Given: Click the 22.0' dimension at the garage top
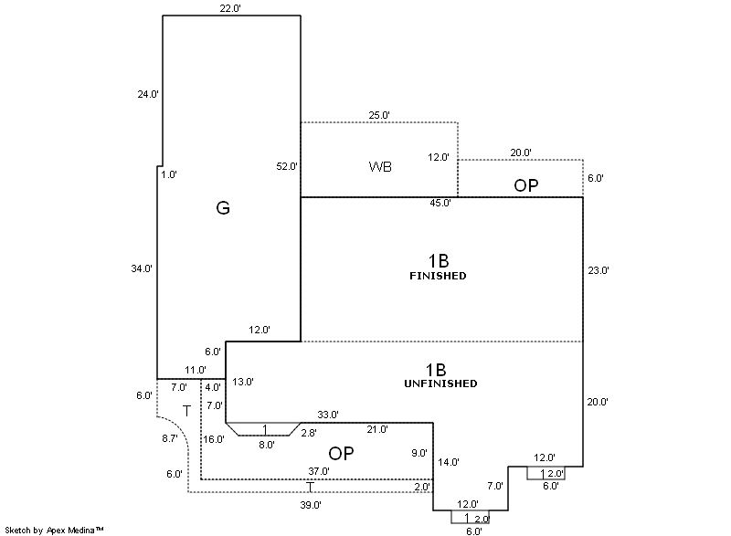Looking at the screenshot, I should [x=229, y=8].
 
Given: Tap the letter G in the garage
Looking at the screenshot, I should [x=223, y=208].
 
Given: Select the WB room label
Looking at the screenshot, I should [x=381, y=167].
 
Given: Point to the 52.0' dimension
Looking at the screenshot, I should [x=287, y=166].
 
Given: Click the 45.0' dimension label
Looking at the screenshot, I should [x=440, y=203].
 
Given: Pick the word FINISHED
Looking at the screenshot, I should [x=439, y=275].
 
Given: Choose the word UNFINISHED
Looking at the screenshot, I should [x=440, y=384].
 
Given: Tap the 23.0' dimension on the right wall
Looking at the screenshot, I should [x=598, y=270].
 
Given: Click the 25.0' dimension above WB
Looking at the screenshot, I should [x=379, y=115].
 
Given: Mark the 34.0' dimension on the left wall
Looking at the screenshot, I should [x=142, y=268].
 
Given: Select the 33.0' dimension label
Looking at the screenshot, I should [x=328, y=415].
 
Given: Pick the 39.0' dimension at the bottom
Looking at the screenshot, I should [x=311, y=504].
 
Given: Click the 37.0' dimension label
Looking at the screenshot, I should [x=319, y=471].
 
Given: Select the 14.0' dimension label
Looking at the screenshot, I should [x=449, y=462].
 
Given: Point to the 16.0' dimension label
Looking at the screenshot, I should [x=214, y=439].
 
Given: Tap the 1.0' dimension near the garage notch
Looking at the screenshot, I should [x=169, y=173].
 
